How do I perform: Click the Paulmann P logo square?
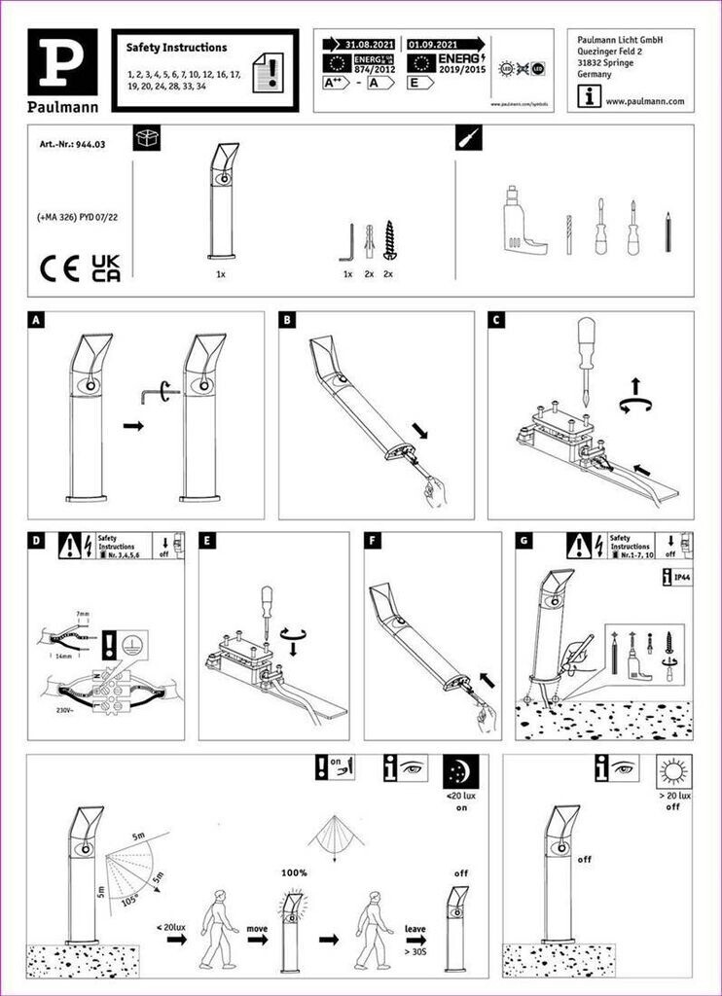[x=62, y=58]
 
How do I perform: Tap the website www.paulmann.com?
[x=644, y=100]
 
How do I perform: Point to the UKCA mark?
[x=105, y=268]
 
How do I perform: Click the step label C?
[x=496, y=320]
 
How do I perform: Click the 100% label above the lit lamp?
[x=294, y=872]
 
